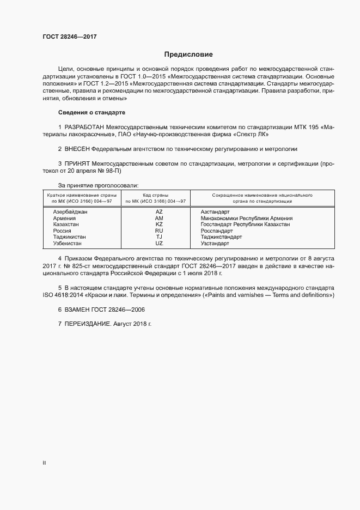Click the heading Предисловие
[x=188, y=54]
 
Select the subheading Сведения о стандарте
[x=91, y=112]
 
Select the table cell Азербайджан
[x=70, y=211]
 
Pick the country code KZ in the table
[x=159, y=224]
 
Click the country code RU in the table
[x=159, y=230]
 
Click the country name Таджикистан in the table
[x=70, y=237]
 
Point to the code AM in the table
[x=159, y=217]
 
